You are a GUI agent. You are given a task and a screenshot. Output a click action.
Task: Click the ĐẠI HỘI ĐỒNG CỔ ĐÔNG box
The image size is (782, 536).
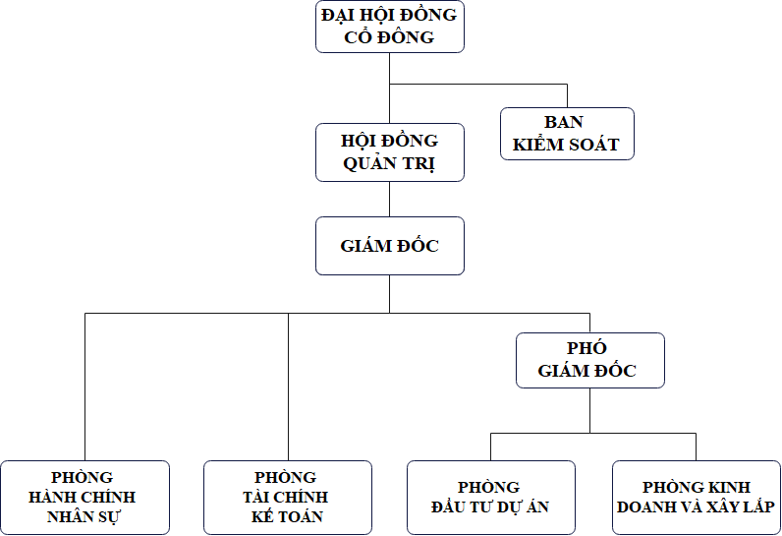coord(389,27)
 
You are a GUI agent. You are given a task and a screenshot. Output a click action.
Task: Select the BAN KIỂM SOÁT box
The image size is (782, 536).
coord(567,134)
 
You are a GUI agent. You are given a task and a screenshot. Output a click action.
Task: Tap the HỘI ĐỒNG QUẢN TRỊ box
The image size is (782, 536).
coord(389,152)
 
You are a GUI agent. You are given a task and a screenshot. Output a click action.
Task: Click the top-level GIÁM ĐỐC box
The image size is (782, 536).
coord(389,246)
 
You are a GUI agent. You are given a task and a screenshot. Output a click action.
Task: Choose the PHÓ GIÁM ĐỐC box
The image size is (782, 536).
coord(589,360)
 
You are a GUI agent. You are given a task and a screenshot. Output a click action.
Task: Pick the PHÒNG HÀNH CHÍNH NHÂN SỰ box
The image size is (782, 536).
coord(84,498)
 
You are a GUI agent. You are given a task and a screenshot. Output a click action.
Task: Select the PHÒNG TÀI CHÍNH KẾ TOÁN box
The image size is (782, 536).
coord(288,498)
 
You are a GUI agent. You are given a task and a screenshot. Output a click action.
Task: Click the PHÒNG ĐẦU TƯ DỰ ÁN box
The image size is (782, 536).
coord(491,498)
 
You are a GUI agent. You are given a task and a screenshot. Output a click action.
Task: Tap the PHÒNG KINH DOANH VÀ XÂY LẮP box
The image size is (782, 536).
coord(696,498)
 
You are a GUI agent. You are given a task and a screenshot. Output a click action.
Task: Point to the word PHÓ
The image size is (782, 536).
coord(587,349)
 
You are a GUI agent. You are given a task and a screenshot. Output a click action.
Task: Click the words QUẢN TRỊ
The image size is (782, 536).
coord(389,164)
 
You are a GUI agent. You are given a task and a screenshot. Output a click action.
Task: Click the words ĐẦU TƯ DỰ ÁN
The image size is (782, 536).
coord(489,507)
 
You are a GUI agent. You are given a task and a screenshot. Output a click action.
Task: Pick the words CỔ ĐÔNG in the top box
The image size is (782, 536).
coord(389,38)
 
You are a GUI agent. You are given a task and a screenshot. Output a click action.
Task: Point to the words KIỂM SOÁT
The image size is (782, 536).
coord(565,145)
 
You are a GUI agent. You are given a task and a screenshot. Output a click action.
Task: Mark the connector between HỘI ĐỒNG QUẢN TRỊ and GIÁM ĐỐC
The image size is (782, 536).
coord(390,199)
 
